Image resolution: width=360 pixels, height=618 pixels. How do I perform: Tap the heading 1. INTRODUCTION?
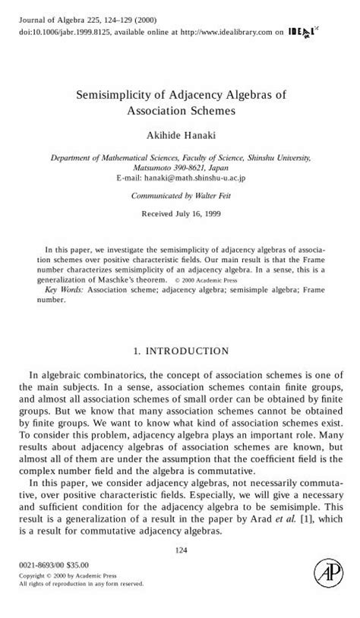click(180, 351)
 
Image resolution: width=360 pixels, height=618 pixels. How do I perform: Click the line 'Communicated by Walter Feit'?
click(180, 195)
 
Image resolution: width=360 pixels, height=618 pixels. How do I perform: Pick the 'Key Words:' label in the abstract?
click(65, 289)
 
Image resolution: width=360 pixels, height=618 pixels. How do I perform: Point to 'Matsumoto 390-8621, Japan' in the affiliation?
click(180, 168)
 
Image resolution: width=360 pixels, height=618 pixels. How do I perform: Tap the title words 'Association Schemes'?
click(180, 110)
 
